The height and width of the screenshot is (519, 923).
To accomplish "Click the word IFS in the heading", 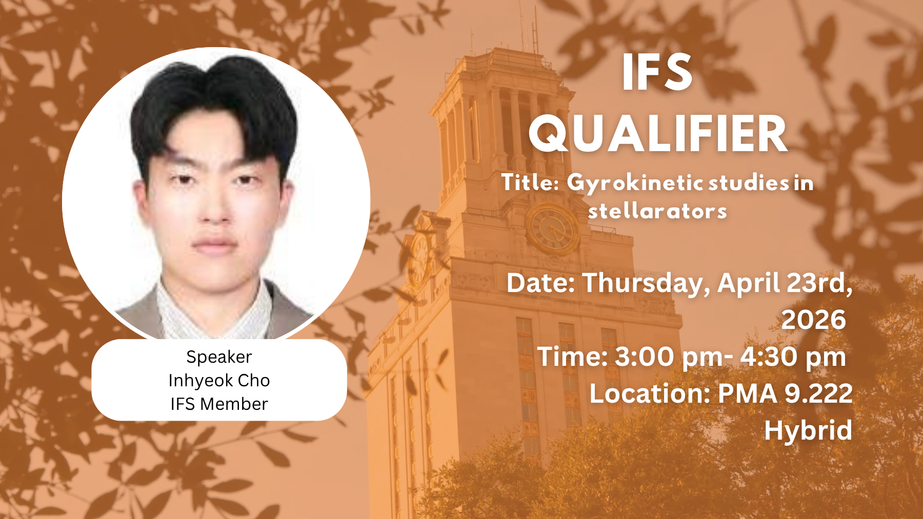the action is (x=657, y=73).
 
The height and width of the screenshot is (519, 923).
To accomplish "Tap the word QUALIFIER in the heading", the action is (x=658, y=134).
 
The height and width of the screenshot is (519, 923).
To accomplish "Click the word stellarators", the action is (x=657, y=211).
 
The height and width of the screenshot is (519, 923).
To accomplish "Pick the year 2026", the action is (x=813, y=320).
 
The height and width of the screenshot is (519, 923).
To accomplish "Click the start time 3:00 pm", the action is (x=669, y=357).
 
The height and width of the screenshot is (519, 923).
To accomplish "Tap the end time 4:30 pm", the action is (x=793, y=357).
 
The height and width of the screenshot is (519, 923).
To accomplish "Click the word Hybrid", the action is (x=808, y=430).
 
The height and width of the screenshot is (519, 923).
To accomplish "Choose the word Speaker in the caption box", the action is (x=219, y=357).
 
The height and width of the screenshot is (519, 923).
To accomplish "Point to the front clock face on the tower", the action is (x=553, y=229).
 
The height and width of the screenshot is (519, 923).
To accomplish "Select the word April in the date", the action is (x=748, y=283).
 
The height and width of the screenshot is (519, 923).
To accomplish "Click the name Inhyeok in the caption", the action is (x=200, y=381).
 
